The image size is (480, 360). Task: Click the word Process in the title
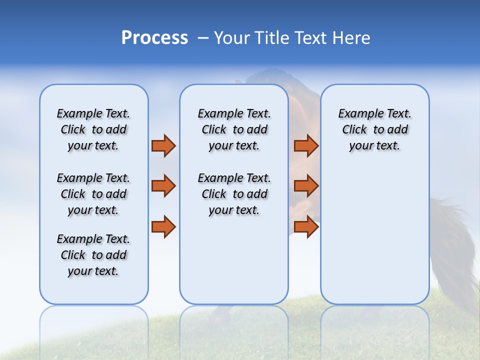154,37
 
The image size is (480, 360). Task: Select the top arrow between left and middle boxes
163,145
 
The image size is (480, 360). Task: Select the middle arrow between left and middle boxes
163,186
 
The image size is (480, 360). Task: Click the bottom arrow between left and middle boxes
163,226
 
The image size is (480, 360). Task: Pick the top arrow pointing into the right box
306,145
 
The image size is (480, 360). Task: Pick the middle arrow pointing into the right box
306,186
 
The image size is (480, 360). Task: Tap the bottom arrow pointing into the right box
306,226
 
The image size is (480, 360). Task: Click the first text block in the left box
93,129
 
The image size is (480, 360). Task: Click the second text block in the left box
93,194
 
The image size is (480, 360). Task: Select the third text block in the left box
93,255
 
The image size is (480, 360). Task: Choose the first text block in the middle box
234,129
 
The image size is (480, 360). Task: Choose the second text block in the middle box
234,194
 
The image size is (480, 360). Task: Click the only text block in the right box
374,129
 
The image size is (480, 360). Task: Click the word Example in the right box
356,114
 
